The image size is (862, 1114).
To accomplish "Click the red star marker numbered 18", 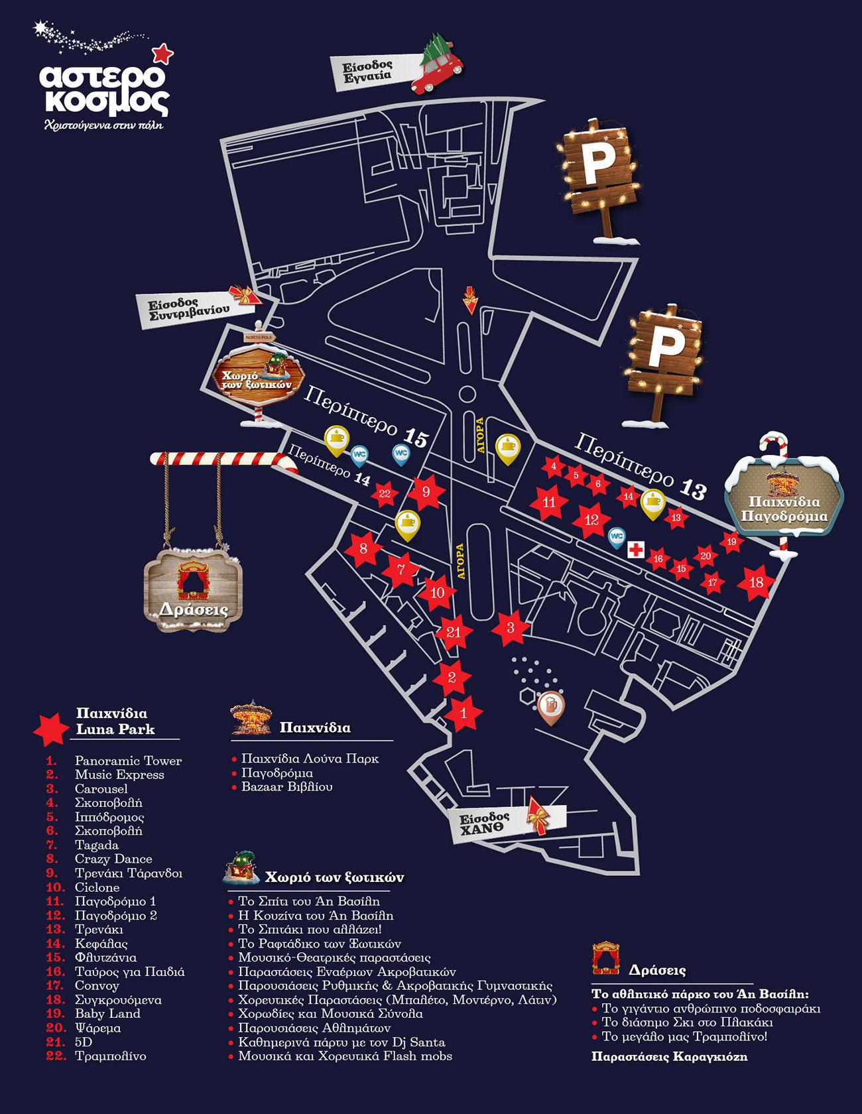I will pyautogui.click(x=756, y=583).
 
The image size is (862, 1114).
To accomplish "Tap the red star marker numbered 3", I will pyautogui.click(x=511, y=627).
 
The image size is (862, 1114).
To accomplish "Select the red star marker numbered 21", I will pyautogui.click(x=454, y=632).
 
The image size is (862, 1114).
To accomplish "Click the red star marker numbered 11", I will pyautogui.click(x=549, y=503).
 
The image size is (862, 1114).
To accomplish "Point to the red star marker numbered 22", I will pyautogui.click(x=385, y=493).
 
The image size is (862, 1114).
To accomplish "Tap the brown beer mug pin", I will pyautogui.click(x=550, y=706).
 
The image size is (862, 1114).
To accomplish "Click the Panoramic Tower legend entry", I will pyautogui.click(x=128, y=761).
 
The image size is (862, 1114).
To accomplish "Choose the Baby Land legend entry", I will pyautogui.click(x=107, y=1013).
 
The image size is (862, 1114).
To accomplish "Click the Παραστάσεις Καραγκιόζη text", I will pyautogui.click(x=669, y=1057).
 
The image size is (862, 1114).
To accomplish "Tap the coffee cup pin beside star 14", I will pyautogui.click(x=653, y=503).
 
